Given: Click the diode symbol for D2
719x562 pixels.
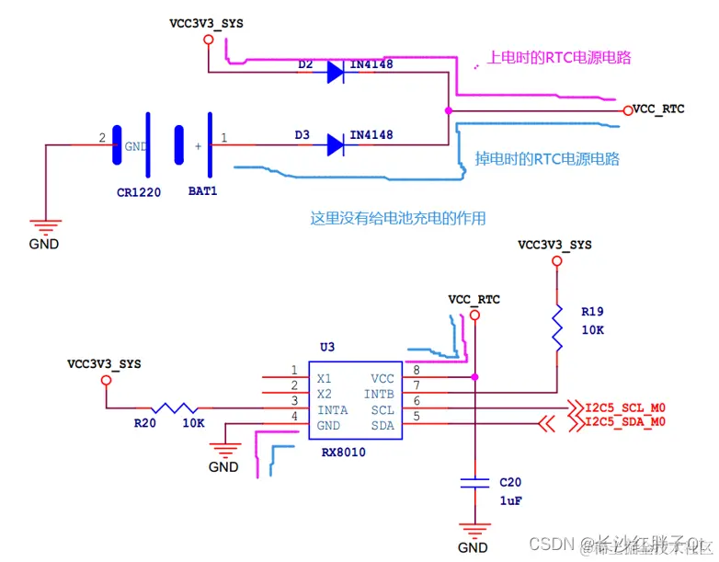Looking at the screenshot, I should pyautogui.click(x=337, y=72).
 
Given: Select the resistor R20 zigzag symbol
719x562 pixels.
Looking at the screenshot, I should pyautogui.click(x=176, y=408).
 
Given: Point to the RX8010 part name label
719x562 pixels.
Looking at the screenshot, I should pyautogui.click(x=339, y=453).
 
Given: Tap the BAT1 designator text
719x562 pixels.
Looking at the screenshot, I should pyautogui.click(x=202, y=192).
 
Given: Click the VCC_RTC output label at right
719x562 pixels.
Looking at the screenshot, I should pyautogui.click(x=659, y=109).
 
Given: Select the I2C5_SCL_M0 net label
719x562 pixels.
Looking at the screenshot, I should pyautogui.click(x=625, y=406).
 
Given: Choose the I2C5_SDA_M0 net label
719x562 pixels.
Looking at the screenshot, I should pyautogui.click(x=625, y=422).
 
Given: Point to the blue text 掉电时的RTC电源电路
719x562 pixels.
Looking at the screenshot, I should pyautogui.click(x=547, y=158).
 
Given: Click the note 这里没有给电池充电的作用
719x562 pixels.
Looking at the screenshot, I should pyautogui.click(x=397, y=218).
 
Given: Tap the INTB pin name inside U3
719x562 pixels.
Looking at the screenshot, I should pyautogui.click(x=379, y=394).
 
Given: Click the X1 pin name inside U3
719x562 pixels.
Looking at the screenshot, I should pyautogui.click(x=325, y=378).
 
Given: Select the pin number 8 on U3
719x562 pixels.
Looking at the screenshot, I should pyautogui.click(x=416, y=370).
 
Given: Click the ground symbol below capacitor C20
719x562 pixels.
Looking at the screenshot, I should pyautogui.click(x=474, y=531).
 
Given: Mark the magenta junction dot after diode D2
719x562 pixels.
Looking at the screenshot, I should pyautogui.click(x=448, y=110).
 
